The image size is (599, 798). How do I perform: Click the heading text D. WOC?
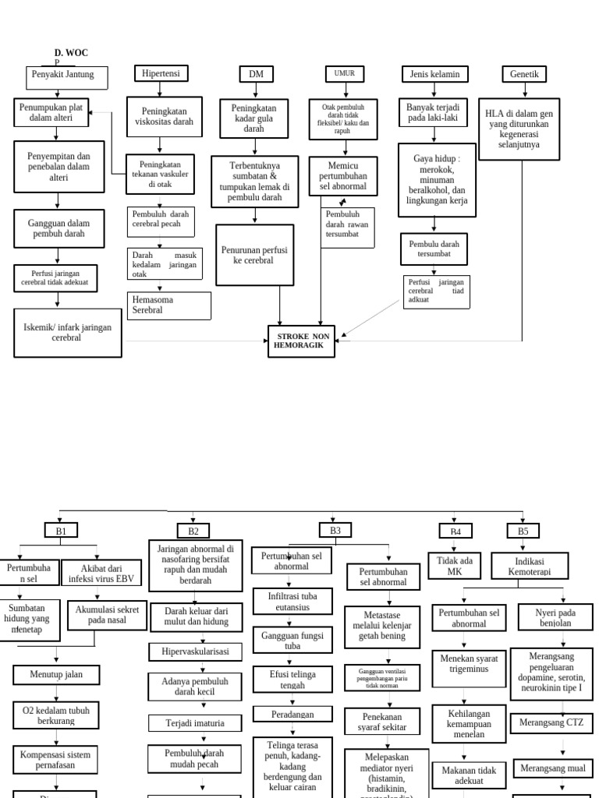point(71,53)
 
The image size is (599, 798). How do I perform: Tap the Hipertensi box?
point(161,73)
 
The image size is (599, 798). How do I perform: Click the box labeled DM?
point(256,74)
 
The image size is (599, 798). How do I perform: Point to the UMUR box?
point(344,73)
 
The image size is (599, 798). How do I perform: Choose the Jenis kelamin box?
point(434,74)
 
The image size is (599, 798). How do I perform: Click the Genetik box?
point(524,74)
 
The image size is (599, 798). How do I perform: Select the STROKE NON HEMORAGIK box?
point(301,341)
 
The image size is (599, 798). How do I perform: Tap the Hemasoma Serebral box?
point(168,305)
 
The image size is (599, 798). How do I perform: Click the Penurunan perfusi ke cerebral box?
point(254,255)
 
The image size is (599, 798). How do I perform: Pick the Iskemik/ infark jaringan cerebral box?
point(67,333)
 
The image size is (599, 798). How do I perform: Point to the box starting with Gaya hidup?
point(437,179)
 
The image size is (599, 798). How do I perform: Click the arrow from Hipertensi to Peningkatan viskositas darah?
point(161,89)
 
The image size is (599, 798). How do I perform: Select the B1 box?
point(61,531)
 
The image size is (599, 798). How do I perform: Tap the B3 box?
point(335,530)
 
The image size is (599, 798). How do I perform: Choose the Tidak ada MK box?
point(454,566)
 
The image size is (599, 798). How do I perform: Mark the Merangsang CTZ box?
point(551,722)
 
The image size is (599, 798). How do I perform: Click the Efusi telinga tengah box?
point(292,680)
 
